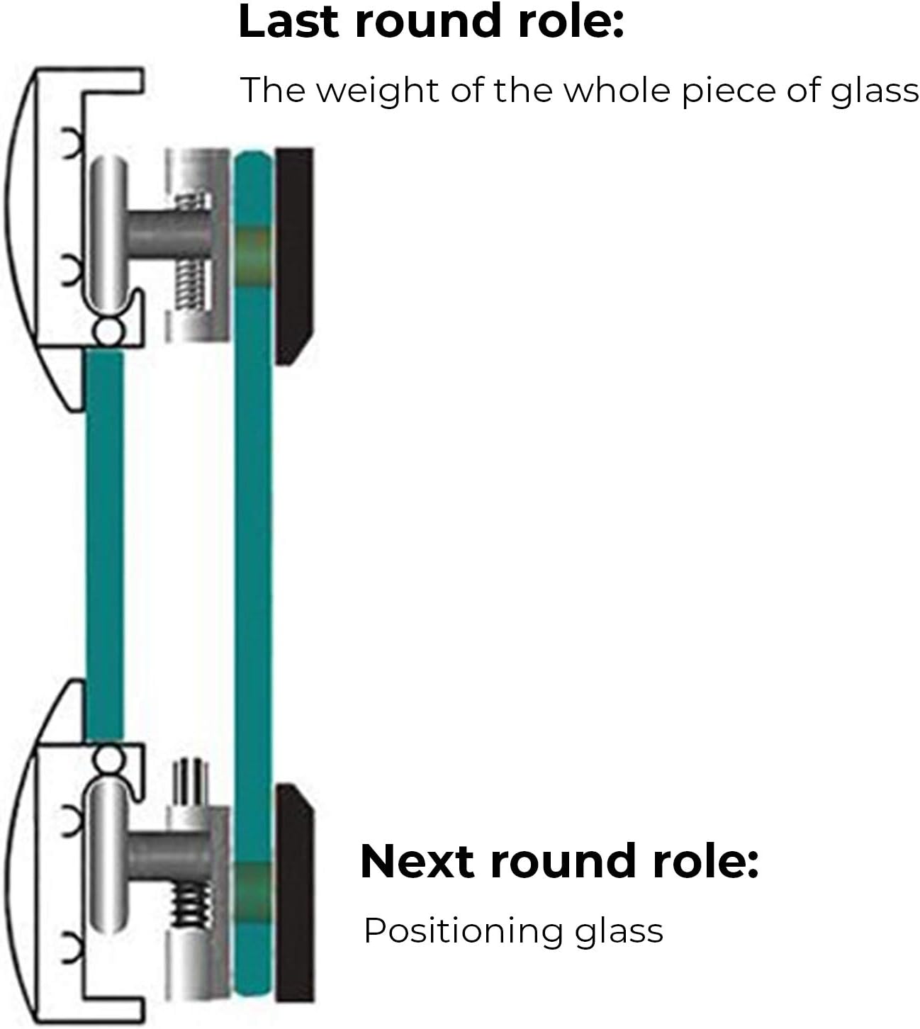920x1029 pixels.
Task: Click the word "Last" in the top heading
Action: pos(288,22)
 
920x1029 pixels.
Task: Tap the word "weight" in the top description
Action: pos(379,91)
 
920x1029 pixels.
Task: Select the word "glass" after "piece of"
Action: pos(874,91)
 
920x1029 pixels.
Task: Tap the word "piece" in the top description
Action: pos(728,91)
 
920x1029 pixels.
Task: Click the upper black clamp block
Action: pos(294,256)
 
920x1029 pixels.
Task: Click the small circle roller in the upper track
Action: pos(108,331)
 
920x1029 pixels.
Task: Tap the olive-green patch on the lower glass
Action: pos(252,892)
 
